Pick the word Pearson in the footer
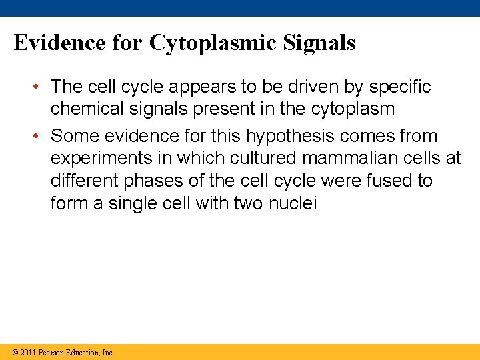[52, 352]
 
